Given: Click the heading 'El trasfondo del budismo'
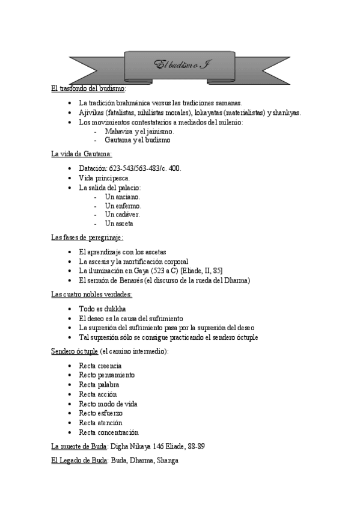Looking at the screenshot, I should (88, 88).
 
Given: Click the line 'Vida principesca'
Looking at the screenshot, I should (103, 179).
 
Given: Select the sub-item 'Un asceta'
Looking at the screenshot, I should (119, 224).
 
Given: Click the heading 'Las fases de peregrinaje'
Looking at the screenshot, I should (87, 238).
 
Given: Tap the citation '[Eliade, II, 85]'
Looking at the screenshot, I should (202, 271).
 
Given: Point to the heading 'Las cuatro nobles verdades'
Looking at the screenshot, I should (91, 295).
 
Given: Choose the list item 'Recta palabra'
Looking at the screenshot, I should (99, 384).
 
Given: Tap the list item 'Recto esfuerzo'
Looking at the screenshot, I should (101, 413).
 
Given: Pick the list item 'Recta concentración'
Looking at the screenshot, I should (109, 432).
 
